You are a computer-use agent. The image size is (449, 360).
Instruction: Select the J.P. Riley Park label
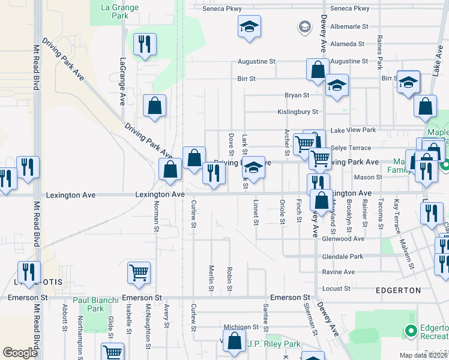273,344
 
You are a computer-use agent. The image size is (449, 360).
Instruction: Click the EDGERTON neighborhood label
397,290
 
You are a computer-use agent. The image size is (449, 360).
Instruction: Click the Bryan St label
297,95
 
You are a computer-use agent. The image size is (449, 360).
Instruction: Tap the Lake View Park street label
353,130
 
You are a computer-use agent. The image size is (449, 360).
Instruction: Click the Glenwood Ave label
343,239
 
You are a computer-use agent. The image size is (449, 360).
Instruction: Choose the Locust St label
336,289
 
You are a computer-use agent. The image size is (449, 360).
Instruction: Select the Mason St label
368,178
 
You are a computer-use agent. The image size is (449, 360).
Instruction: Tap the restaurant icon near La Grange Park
145,44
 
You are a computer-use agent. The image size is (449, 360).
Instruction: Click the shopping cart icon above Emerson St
139,272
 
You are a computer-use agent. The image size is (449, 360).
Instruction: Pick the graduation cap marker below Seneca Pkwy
249,26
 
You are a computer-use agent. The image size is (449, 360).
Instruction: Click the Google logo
20,353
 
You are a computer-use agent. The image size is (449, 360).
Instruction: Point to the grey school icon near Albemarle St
305,27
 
